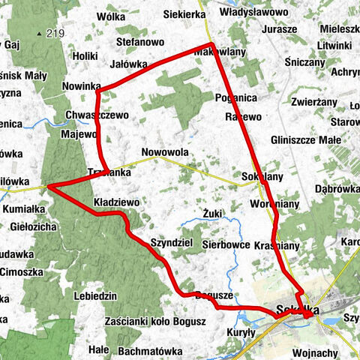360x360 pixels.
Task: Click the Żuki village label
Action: click(213, 214)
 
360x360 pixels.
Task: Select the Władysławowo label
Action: click(256, 13)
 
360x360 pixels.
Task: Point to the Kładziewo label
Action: click(117, 202)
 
